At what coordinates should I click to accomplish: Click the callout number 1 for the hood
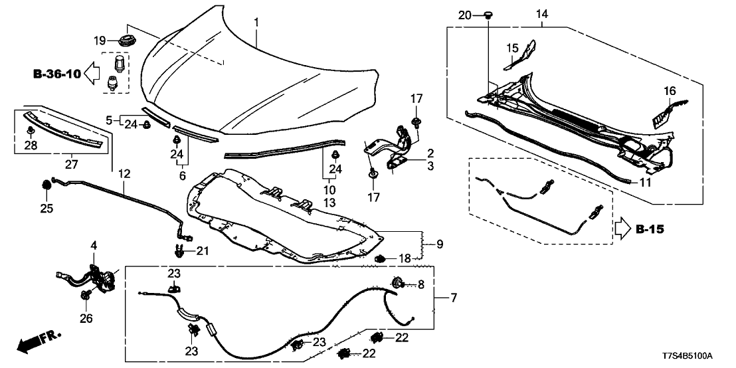[256, 23]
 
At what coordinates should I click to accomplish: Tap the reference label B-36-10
[57, 74]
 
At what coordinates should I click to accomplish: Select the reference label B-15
[650, 230]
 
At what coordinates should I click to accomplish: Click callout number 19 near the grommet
[100, 41]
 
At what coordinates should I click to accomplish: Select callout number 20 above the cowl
[465, 15]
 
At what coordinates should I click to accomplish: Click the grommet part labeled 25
[46, 185]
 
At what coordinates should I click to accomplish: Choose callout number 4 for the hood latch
[94, 246]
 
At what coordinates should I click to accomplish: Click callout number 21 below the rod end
[202, 250]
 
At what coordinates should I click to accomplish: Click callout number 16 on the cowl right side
[669, 91]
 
